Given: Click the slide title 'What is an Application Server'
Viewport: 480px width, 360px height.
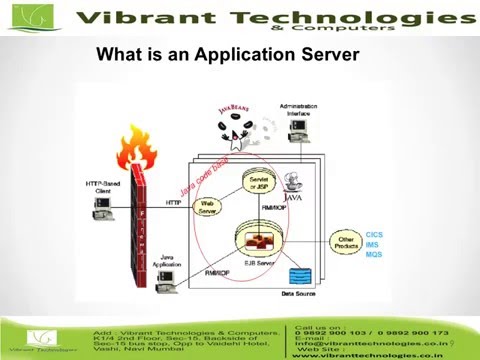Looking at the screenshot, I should (x=226, y=54).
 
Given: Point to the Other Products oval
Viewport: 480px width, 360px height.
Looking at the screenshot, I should (x=345, y=243).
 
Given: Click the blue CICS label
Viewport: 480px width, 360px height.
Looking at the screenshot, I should (x=374, y=233).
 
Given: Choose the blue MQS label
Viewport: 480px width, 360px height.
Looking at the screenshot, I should (x=373, y=255).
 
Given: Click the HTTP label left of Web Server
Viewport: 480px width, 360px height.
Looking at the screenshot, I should (x=173, y=203).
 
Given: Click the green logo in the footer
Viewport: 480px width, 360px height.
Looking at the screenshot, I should (x=41, y=337).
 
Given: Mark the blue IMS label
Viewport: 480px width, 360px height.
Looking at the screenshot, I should (x=372, y=244).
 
